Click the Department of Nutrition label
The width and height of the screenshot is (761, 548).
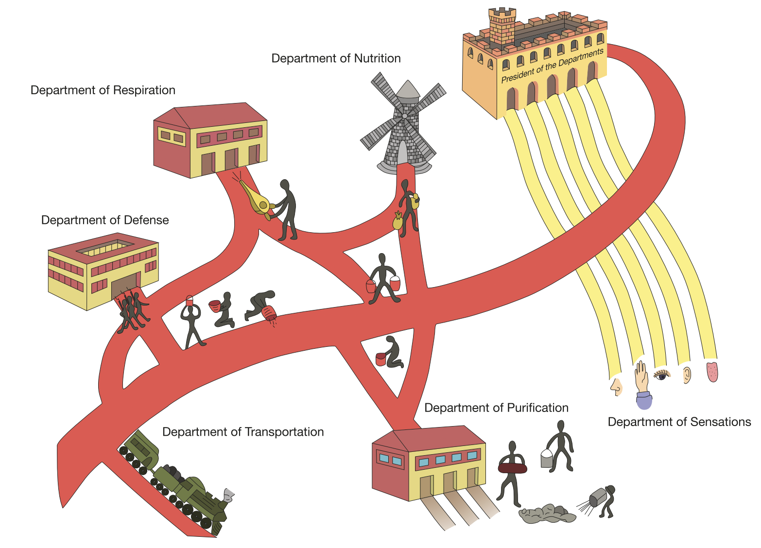point(336,59)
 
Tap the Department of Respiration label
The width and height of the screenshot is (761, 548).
point(103,90)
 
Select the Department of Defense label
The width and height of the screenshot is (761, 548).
point(105,221)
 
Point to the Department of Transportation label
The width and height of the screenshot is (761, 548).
point(243,432)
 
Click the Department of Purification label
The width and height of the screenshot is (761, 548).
point(496,408)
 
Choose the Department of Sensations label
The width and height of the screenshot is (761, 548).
point(679,422)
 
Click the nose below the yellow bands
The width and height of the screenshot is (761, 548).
point(617,386)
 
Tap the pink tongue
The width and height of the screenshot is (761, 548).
point(712,371)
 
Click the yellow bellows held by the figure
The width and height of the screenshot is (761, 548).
point(258,200)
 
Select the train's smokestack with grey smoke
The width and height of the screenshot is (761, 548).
point(227,496)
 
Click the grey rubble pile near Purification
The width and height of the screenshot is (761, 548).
point(547,514)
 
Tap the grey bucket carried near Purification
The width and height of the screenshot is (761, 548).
point(547,458)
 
